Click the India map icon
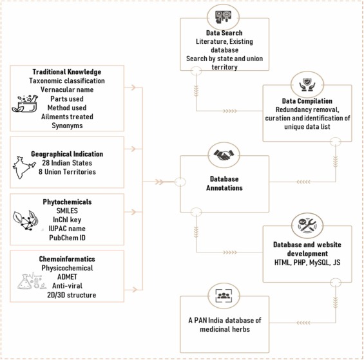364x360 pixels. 24,167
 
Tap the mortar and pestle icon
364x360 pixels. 25,104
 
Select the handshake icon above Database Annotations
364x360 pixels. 224,155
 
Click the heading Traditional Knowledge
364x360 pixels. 67,71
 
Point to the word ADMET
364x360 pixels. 67,277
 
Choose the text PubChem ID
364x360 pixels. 67,238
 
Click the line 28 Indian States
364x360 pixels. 67,163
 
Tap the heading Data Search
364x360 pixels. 224,33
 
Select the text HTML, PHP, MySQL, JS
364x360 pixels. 307,262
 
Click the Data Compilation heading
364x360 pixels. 307,101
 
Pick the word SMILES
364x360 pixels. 67,211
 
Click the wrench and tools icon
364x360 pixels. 307,225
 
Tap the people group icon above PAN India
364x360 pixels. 224,296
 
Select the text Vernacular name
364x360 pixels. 67,90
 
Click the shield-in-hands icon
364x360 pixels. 307,84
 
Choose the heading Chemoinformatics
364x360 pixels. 67,259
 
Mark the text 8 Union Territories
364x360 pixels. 67,172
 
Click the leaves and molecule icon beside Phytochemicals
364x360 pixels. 26,220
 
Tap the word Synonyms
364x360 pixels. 67,126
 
